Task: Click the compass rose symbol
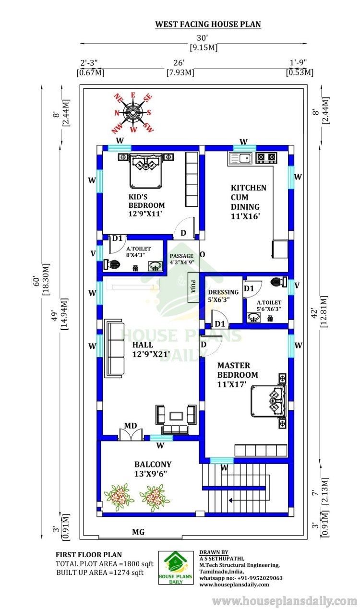(x=132, y=112)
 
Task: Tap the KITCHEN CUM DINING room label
(x=248, y=202)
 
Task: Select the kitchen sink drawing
(x=240, y=158)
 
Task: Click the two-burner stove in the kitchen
(x=266, y=157)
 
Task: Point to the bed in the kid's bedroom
(x=146, y=171)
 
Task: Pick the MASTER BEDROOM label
(x=238, y=375)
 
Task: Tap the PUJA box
(x=193, y=287)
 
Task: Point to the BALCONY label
(x=153, y=469)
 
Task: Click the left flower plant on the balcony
(x=119, y=497)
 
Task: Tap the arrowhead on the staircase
(x=230, y=500)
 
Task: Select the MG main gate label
(x=138, y=532)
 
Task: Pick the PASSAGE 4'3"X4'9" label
(x=181, y=259)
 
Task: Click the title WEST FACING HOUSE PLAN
(x=208, y=24)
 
